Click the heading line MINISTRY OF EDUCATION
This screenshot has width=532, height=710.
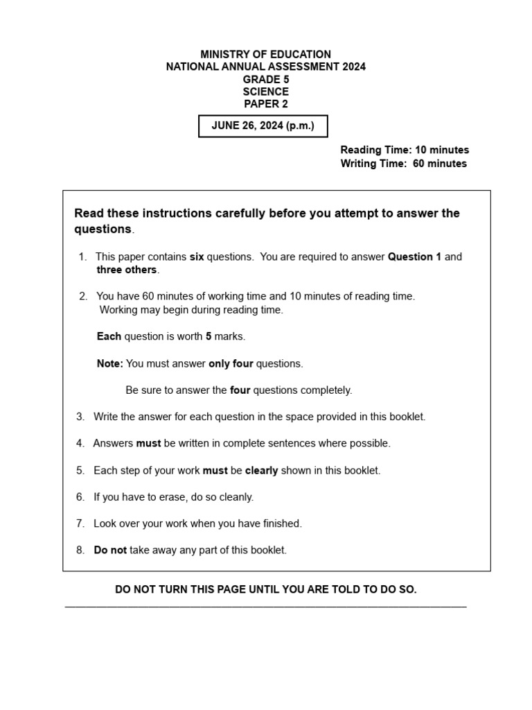(x=265, y=54)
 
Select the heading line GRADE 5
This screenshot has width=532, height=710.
(x=265, y=79)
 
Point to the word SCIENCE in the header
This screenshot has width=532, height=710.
(x=265, y=92)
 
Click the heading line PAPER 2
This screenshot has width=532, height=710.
(x=265, y=104)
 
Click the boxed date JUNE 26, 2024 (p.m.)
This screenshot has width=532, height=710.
(x=263, y=126)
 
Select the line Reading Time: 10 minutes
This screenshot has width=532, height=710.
(x=405, y=150)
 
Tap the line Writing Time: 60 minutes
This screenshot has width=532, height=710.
(x=403, y=164)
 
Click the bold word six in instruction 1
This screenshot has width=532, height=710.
(x=197, y=257)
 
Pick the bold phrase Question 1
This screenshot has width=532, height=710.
(x=414, y=257)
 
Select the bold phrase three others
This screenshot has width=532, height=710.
(x=127, y=270)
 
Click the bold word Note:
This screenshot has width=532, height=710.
(x=110, y=363)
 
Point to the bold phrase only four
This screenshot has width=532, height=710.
(x=231, y=363)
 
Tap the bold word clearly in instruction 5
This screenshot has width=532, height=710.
(x=261, y=470)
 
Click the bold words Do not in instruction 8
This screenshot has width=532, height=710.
(x=110, y=550)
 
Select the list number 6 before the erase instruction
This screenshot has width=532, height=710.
(x=80, y=496)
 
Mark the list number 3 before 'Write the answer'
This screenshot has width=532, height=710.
(x=80, y=417)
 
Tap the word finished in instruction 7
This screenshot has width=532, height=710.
(x=281, y=523)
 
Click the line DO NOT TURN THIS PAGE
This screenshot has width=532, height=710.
(x=265, y=589)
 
